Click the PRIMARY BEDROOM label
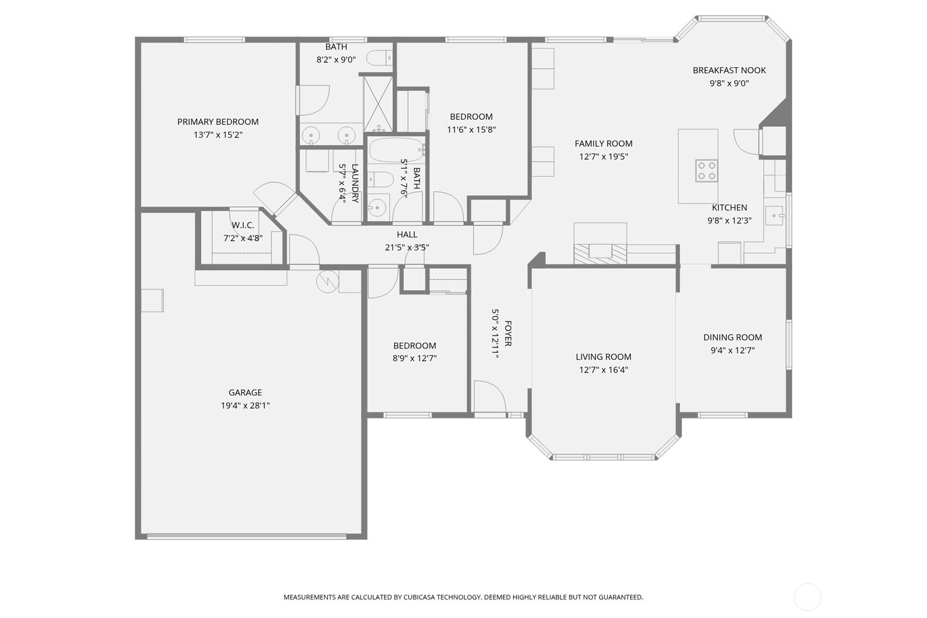pos(217,121)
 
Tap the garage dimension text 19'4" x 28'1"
pos(245,405)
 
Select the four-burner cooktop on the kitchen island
pos(706,170)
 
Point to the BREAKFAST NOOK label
pos(729,70)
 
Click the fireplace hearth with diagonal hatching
pos(600,254)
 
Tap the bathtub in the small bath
pos(395,150)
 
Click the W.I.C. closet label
pos(243,225)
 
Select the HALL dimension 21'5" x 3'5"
pos(406,248)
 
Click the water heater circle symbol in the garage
pos(328,281)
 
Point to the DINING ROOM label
pos(732,337)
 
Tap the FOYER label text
pos(508,333)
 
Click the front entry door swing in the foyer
pos(488,397)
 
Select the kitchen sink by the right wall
pos(774,216)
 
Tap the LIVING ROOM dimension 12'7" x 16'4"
pos(603,370)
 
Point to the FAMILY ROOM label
pos(603,143)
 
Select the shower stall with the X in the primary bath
pos(378,103)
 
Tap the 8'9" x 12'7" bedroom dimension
pos(414,358)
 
